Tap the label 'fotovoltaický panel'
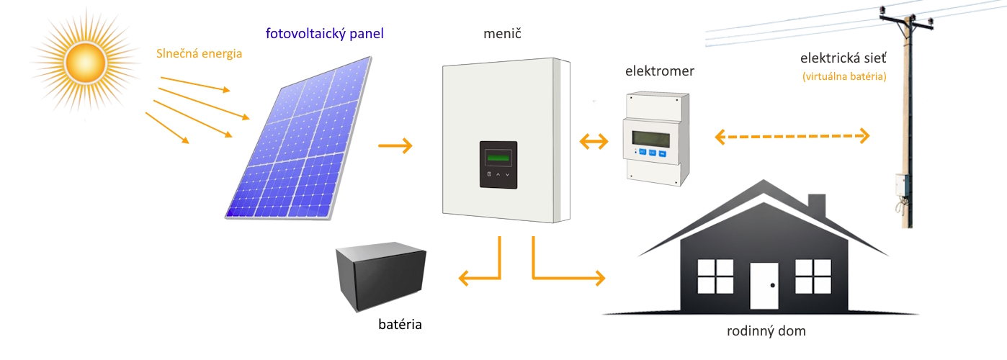coord(324,33)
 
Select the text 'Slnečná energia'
coord(200,53)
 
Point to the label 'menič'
coord(503,34)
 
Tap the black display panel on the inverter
coord(498,165)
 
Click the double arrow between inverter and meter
coord(594,141)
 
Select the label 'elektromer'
coord(660,71)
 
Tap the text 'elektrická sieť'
coord(843,58)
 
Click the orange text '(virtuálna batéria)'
coord(843,76)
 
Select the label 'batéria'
coord(400,324)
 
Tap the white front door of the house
coord(765,286)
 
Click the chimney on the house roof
coord(816,204)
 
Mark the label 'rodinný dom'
coord(766,332)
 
